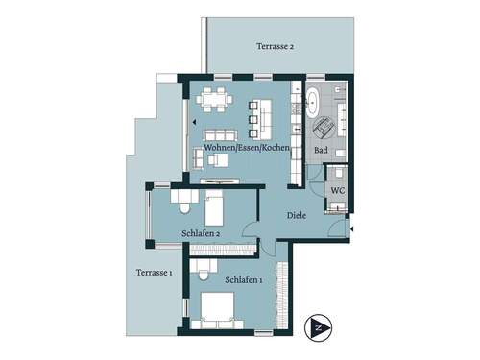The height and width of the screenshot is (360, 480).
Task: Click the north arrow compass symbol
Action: pos(318,327)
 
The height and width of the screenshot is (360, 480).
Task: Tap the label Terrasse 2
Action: pos(275,46)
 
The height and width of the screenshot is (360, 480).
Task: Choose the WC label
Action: pos(337,190)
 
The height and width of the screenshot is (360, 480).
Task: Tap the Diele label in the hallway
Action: pos(297,215)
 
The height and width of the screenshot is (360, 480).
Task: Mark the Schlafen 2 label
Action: pos(202,232)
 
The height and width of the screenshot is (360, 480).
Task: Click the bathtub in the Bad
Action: pos(314,103)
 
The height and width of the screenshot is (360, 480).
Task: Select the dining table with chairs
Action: pos(211,98)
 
